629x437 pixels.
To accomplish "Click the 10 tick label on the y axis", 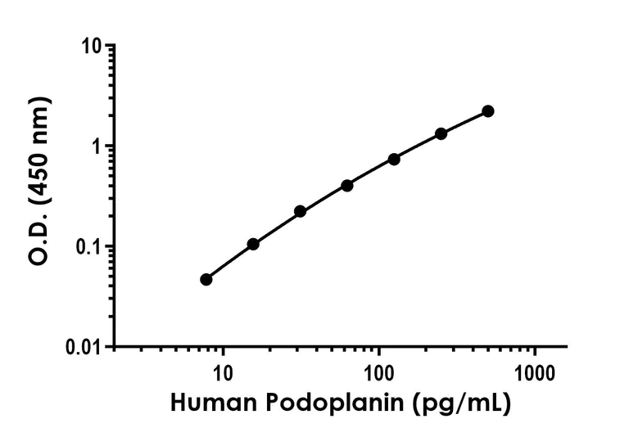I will click(x=89, y=47).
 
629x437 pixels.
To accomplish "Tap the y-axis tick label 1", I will click(x=95, y=147).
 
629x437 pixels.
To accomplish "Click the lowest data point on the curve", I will click(x=206, y=280).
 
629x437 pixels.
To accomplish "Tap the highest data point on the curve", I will click(x=488, y=111).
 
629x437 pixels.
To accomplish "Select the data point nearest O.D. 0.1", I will click(x=253, y=244).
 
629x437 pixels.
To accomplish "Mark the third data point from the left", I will click(x=300, y=211).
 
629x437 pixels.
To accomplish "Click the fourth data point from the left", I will click(x=347, y=186).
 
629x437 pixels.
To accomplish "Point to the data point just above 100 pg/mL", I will click(x=394, y=159).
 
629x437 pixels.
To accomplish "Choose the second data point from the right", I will click(x=441, y=133).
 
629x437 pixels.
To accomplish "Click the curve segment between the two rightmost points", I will click(x=465, y=121).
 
